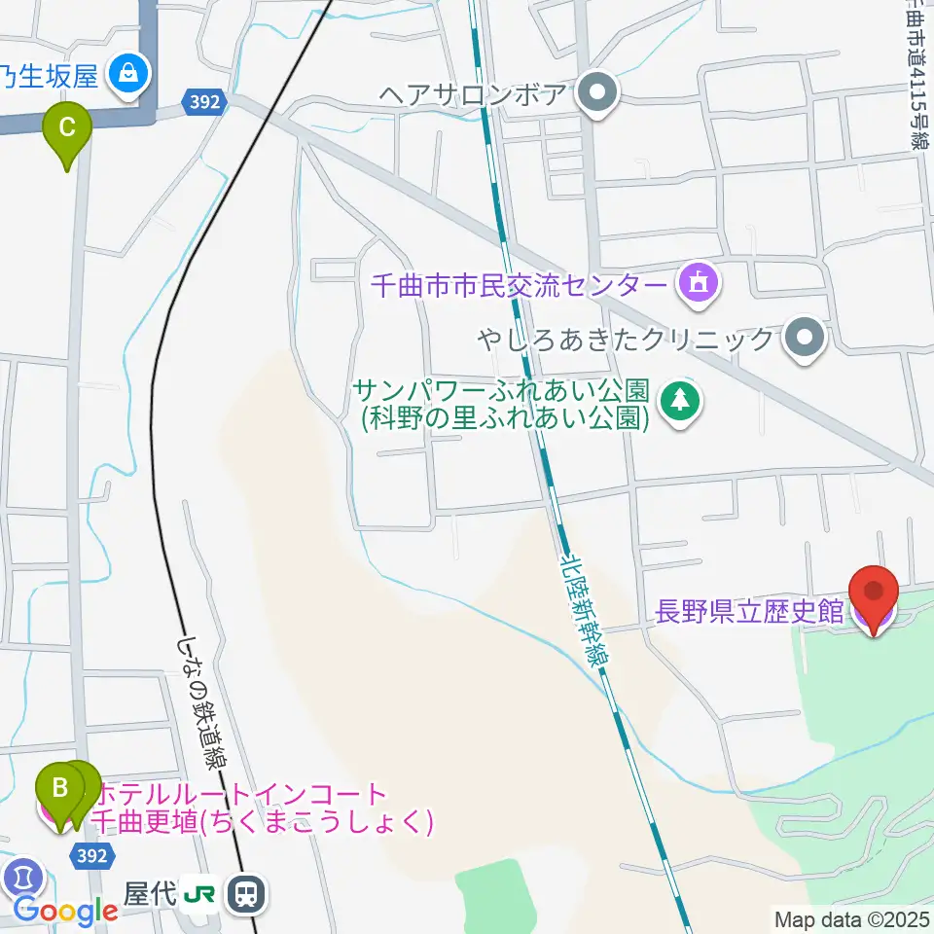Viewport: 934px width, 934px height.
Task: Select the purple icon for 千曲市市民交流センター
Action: [698, 284]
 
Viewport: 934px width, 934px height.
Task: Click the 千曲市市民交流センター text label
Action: [521, 285]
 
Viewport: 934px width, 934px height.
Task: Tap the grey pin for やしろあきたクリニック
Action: [805, 340]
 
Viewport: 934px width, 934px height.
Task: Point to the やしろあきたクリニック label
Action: [626, 340]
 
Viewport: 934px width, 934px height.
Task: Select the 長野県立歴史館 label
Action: [750, 612]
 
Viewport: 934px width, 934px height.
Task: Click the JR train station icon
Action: [247, 894]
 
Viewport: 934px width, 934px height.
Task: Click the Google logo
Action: [65, 911]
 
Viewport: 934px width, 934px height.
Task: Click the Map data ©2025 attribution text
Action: [851, 918]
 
